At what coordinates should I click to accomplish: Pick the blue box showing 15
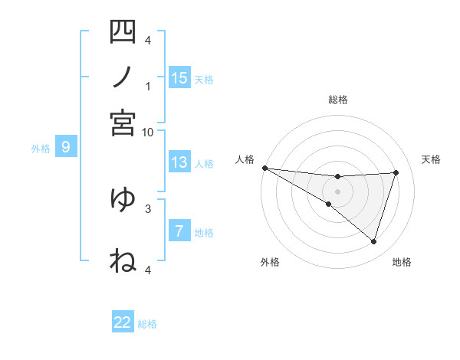coord(179,78)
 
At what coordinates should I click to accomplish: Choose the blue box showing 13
coord(179,162)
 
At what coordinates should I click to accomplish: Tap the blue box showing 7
coord(179,231)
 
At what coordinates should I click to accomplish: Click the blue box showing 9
coord(66,147)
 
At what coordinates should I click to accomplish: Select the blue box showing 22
coord(123,322)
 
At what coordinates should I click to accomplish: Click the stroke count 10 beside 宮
coord(148,132)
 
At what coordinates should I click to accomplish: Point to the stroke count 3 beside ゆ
coord(148,208)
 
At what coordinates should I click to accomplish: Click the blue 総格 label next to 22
coord(147,324)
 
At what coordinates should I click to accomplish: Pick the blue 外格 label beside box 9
coord(40,149)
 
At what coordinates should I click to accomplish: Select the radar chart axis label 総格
coord(337,100)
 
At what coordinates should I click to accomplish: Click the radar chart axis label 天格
coord(431,159)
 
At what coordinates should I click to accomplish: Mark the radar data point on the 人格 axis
coord(264,168)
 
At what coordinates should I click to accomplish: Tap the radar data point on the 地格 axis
coord(373,242)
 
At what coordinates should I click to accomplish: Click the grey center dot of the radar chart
coord(337,191)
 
